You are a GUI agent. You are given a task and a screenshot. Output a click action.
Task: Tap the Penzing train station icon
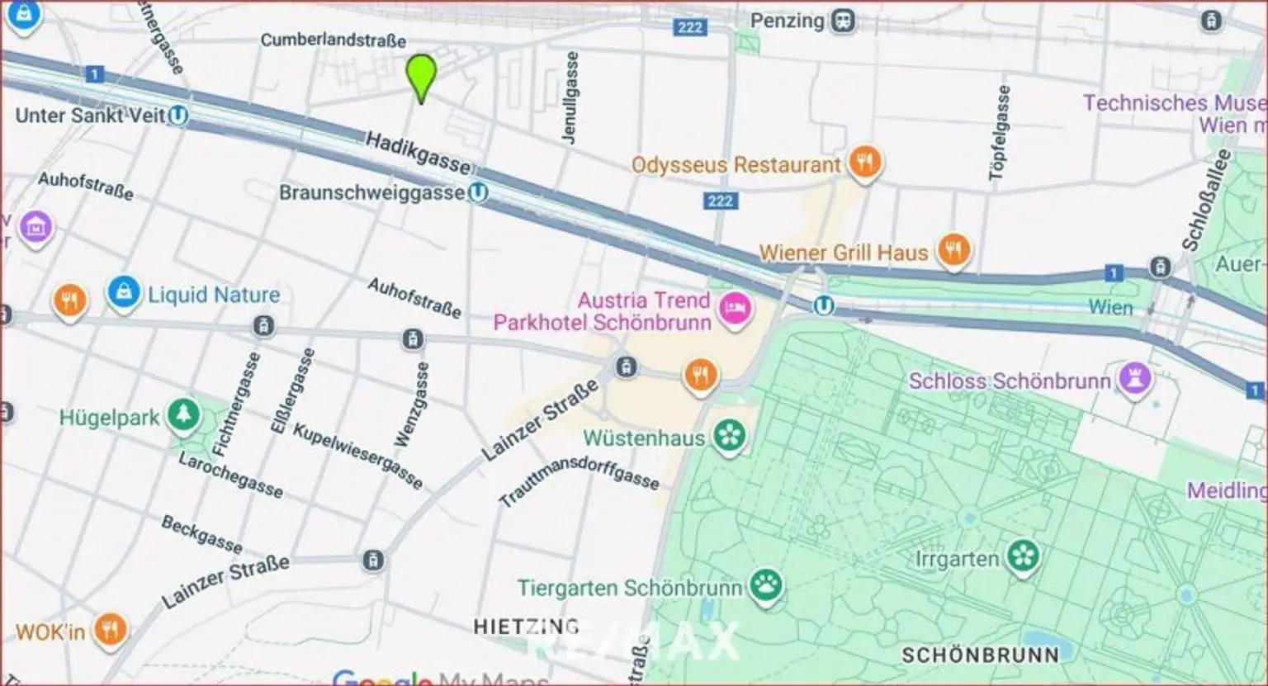click(843, 21)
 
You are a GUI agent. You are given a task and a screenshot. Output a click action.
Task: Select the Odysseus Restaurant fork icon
click(864, 162)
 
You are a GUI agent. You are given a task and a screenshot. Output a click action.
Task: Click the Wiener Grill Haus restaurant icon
click(953, 250)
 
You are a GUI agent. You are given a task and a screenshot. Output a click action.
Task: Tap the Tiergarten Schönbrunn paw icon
click(765, 586)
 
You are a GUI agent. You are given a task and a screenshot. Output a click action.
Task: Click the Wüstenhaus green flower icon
click(729, 435)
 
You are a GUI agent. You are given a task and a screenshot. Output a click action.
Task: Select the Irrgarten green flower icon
click(1023, 556)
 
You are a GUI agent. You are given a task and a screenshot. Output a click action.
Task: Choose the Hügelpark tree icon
click(182, 415)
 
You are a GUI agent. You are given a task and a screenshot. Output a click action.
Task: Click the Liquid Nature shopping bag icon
click(123, 293)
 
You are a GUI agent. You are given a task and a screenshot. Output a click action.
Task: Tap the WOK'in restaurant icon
click(109, 631)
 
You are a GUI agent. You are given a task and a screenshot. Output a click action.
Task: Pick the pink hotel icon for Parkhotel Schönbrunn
click(733, 310)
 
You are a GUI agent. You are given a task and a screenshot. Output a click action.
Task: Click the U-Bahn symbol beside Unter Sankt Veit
click(177, 116)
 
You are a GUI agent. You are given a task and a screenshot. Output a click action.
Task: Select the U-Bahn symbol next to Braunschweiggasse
click(477, 193)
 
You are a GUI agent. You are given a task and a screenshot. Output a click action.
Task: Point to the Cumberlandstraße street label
click(333, 40)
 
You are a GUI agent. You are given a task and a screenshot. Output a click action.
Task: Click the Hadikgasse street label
click(418, 153)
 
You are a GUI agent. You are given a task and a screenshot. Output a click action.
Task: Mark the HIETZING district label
click(526, 627)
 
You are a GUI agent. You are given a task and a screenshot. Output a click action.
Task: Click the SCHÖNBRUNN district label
click(979, 655)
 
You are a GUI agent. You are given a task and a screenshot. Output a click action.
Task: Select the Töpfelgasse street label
click(999, 132)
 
